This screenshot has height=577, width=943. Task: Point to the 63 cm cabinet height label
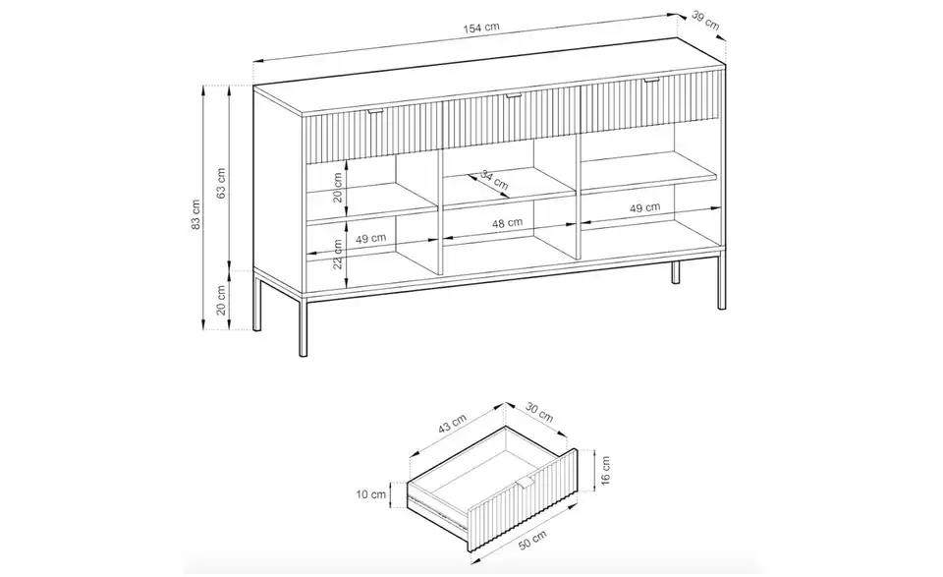(x=221, y=183)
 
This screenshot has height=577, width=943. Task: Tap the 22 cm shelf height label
(x=337, y=254)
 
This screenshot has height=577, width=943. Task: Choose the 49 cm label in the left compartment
(x=370, y=239)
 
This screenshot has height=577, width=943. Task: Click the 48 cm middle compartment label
(x=507, y=223)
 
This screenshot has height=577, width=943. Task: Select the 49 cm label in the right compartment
(x=645, y=207)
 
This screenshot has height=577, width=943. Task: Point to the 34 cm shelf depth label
(x=494, y=180)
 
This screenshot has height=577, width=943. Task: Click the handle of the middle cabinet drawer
(x=512, y=96)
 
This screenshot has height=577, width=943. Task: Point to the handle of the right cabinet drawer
(x=651, y=81)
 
